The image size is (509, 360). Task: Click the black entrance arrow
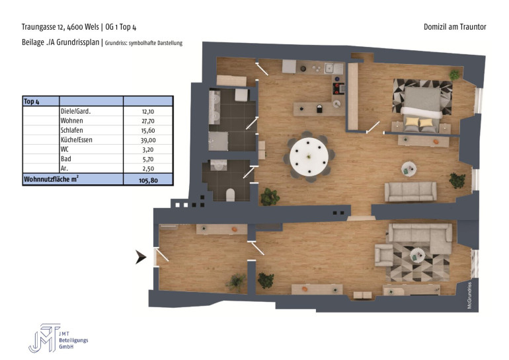[x=141, y=257]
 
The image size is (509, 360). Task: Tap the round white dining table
[x=309, y=157]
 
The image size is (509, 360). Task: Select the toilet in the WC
[x=230, y=195]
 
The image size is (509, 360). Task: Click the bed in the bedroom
[x=422, y=108]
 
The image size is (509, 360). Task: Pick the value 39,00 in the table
[x=148, y=140]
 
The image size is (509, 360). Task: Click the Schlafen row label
[x=72, y=130]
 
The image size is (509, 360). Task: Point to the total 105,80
[x=148, y=180]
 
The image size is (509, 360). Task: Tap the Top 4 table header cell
[x=32, y=102]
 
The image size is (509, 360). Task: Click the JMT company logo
[x=44, y=338]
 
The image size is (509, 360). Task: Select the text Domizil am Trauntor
[x=455, y=27]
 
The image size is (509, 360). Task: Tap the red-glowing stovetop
[x=338, y=89]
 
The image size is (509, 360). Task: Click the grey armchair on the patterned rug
[x=383, y=255]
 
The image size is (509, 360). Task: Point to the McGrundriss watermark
[x=469, y=295]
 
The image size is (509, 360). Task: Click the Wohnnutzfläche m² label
[x=52, y=179]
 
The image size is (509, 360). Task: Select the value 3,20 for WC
[x=148, y=150]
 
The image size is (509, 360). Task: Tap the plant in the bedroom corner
[x=454, y=75]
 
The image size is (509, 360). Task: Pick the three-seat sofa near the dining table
[x=411, y=192]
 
